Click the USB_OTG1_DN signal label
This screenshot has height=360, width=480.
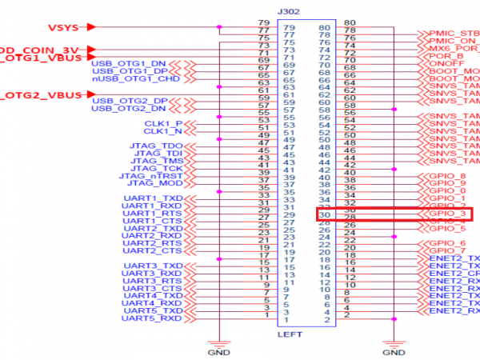[129, 62]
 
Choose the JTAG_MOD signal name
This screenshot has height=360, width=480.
[155, 184]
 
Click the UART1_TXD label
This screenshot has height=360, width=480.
[153, 198]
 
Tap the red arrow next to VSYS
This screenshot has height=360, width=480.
[91, 27]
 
